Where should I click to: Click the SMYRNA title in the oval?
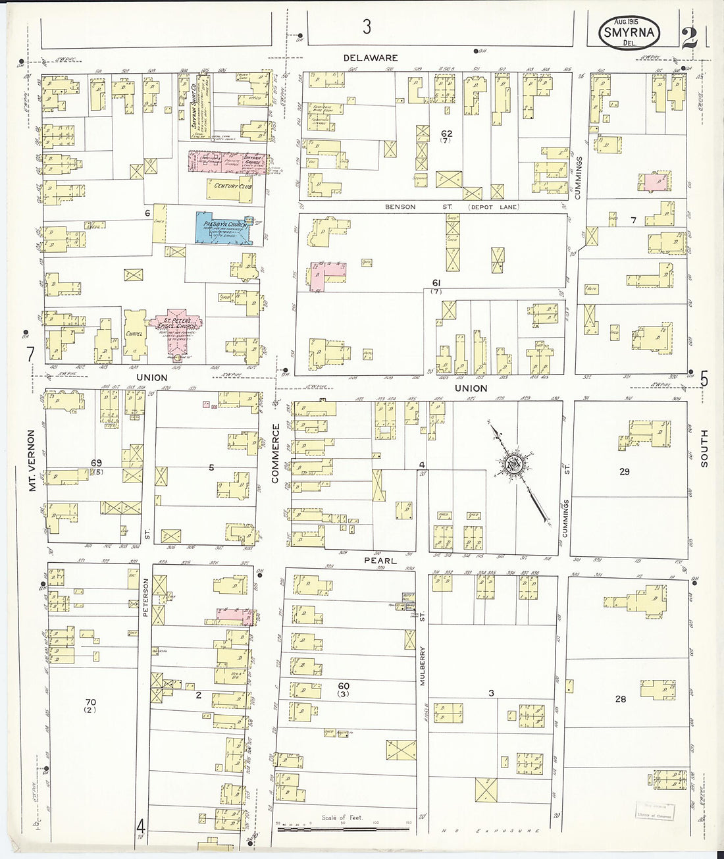(628, 32)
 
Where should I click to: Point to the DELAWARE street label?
(371, 58)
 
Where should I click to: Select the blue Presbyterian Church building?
(223, 228)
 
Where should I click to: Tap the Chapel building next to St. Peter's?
(134, 334)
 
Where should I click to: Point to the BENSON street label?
(400, 207)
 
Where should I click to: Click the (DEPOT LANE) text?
(494, 207)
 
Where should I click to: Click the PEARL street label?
(380, 561)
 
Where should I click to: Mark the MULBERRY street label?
(423, 665)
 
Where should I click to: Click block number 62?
(446, 134)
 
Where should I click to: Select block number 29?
(624, 471)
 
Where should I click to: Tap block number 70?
(90, 702)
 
